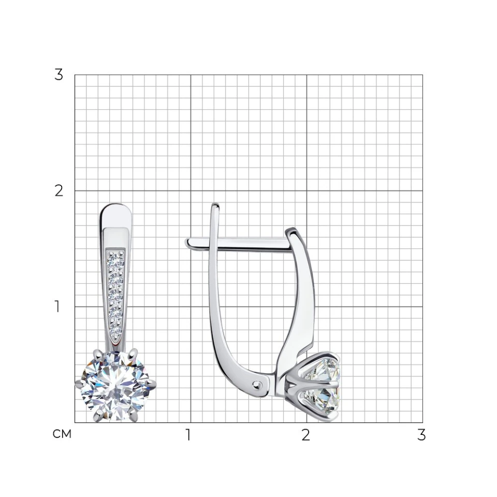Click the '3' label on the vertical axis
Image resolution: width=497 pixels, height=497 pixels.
[59, 75]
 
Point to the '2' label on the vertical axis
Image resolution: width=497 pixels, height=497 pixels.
[59, 191]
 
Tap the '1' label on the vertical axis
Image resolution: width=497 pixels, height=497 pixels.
[57, 306]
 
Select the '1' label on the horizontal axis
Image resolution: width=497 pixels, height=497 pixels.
[188, 435]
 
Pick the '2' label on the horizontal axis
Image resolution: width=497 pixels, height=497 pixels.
[305, 435]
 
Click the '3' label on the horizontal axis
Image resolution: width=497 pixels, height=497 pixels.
[421, 435]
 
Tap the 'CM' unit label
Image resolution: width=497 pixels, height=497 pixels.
[62, 434]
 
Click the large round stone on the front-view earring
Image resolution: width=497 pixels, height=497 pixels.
[115, 385]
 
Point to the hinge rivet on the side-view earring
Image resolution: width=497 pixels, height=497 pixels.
[257, 385]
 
